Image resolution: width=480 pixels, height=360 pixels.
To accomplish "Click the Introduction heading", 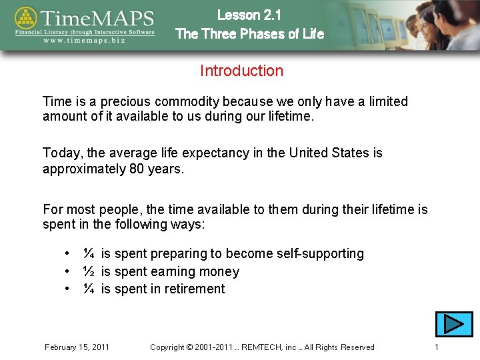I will tap(241, 71).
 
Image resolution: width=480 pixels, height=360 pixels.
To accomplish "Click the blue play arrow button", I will tap(454, 324).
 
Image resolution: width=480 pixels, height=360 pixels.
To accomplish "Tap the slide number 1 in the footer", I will tap(436, 347).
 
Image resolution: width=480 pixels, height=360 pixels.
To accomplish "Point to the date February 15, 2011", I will tap(77, 347).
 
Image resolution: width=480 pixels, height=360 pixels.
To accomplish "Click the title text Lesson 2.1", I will tap(249, 15).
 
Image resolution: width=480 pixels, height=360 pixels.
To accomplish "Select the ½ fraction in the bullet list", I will tap(88, 271).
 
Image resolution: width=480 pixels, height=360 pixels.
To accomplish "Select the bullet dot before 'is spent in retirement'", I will tap(68, 289).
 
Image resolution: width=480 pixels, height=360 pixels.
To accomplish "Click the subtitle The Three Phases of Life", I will tap(249, 33).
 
